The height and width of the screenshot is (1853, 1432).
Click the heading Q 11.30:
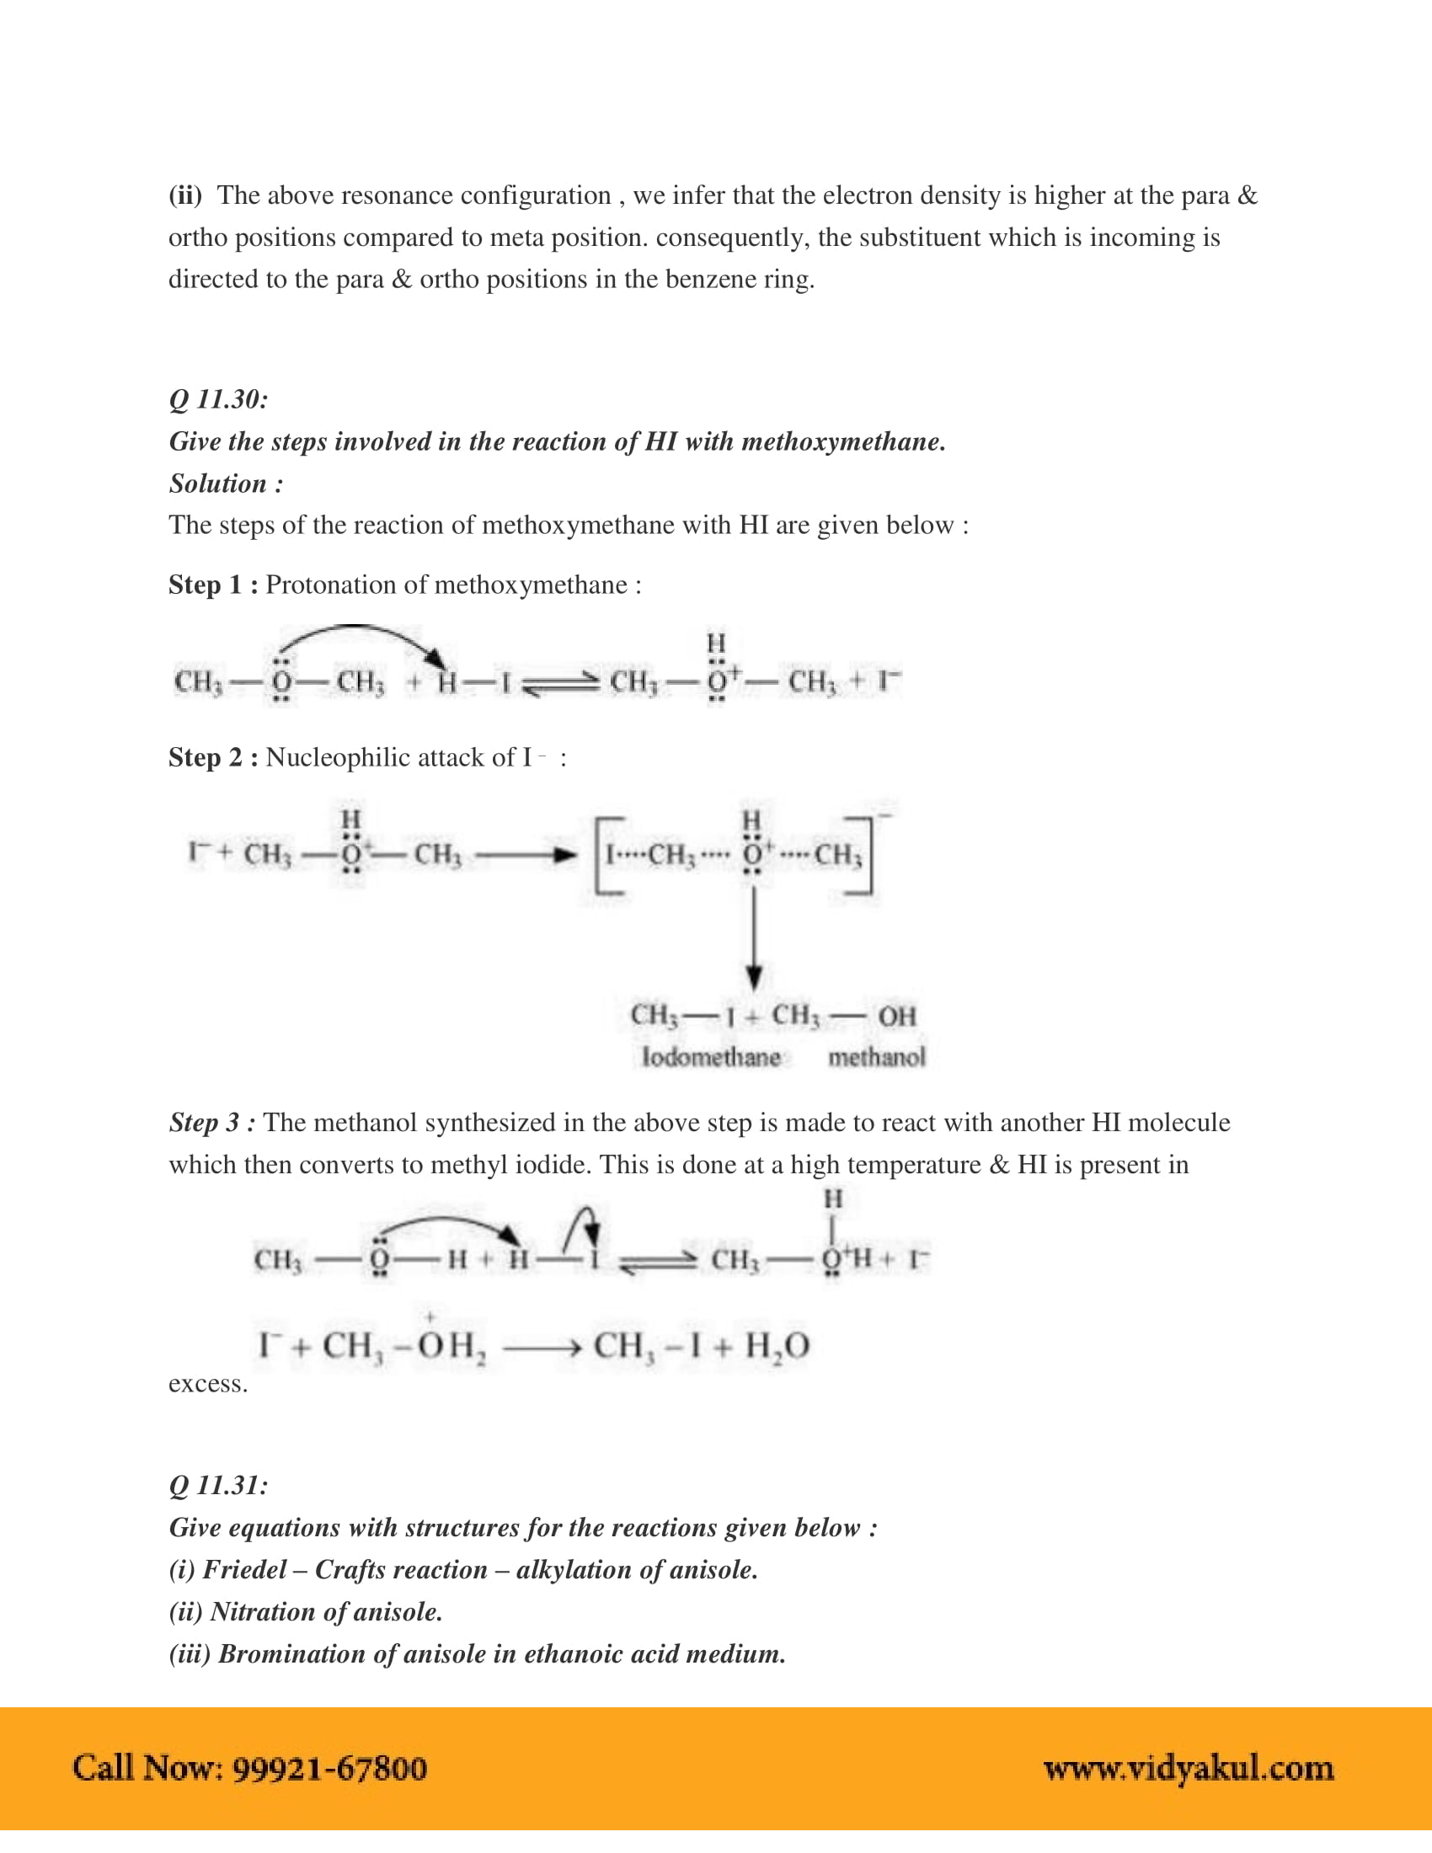218,399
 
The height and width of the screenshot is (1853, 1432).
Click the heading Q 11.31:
218,1486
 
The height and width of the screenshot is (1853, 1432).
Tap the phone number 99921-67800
329,1768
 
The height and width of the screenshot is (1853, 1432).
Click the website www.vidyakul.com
1189,1768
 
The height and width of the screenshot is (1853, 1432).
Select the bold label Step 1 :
213,585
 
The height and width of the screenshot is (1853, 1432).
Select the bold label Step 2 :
213,757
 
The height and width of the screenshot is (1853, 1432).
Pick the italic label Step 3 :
212,1123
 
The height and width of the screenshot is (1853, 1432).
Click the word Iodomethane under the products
711,1057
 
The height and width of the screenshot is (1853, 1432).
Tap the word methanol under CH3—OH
876,1057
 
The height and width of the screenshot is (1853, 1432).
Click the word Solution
218,483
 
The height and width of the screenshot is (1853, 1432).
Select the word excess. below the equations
208,1384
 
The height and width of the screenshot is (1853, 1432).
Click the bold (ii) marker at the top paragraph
185,196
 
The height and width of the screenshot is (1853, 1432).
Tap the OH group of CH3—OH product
897,1016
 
